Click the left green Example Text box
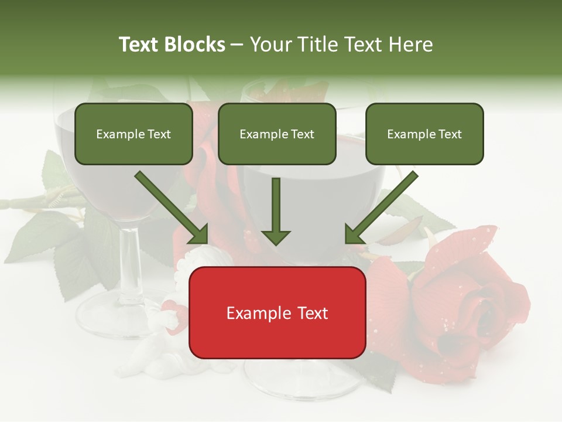133,134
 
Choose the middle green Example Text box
277,134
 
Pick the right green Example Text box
424,134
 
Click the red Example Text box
277,312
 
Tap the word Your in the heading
270,45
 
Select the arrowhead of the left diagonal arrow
199,234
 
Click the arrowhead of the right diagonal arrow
354,234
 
